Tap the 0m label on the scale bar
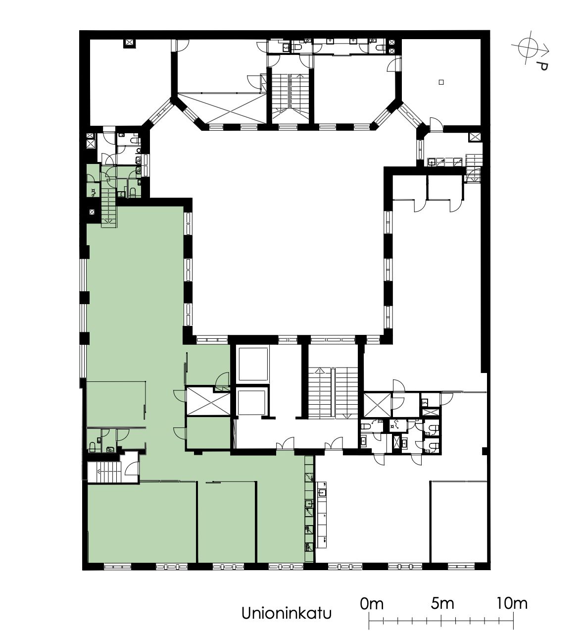tap(372, 604)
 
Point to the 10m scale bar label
tap(512, 603)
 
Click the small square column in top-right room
tap(441, 82)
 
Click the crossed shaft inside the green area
tap(208, 401)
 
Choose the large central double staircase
tap(333, 392)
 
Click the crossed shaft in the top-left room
tap(130, 43)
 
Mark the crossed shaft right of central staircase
tap(378, 405)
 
